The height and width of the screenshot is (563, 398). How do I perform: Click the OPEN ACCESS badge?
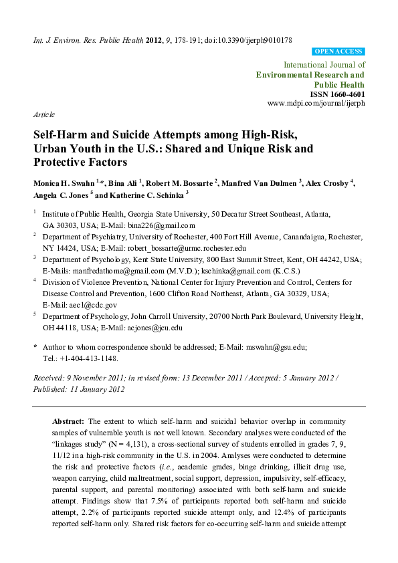click(x=338, y=51)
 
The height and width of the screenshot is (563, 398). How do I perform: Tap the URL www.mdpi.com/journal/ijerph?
click(x=316, y=104)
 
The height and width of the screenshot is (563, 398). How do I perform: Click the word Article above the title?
click(x=43, y=115)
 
